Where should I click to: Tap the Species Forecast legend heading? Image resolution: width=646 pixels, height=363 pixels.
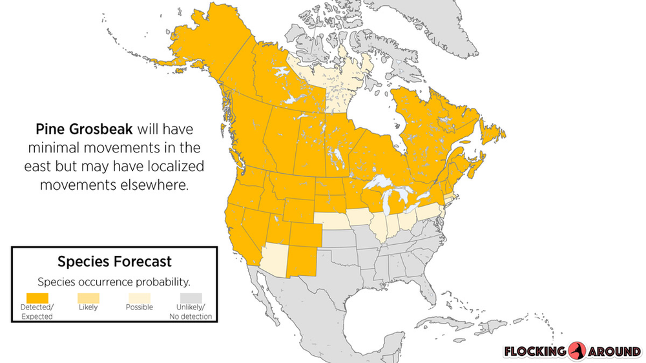pos(114,262)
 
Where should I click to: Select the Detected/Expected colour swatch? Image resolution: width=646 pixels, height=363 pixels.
pos(37,297)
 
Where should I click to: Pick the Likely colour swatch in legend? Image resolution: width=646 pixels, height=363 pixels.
pos(88,297)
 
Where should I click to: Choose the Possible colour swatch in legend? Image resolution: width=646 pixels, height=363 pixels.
pos(139,297)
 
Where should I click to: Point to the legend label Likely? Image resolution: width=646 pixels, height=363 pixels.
pos(88,307)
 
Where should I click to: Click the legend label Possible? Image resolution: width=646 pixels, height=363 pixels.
pos(139,307)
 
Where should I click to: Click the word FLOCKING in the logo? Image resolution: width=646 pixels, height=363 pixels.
pos(536,351)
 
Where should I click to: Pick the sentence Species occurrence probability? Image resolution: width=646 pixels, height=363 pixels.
pos(114,282)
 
